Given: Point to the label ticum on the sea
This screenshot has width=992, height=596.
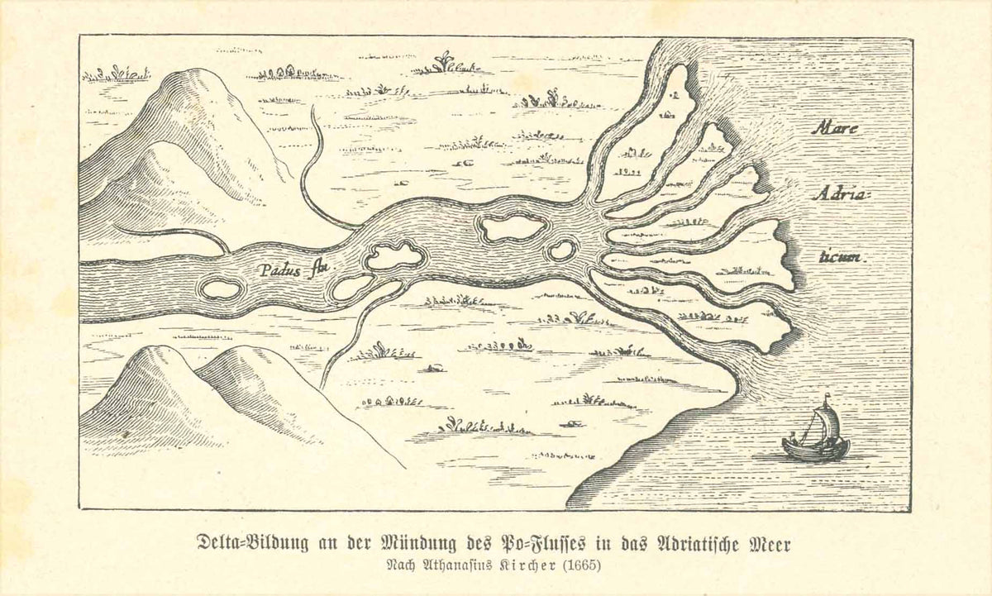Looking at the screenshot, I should [x=839, y=257].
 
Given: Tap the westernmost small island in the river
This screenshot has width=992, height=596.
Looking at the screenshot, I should [x=221, y=289].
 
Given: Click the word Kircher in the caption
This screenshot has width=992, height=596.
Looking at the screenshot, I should [x=521, y=567].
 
